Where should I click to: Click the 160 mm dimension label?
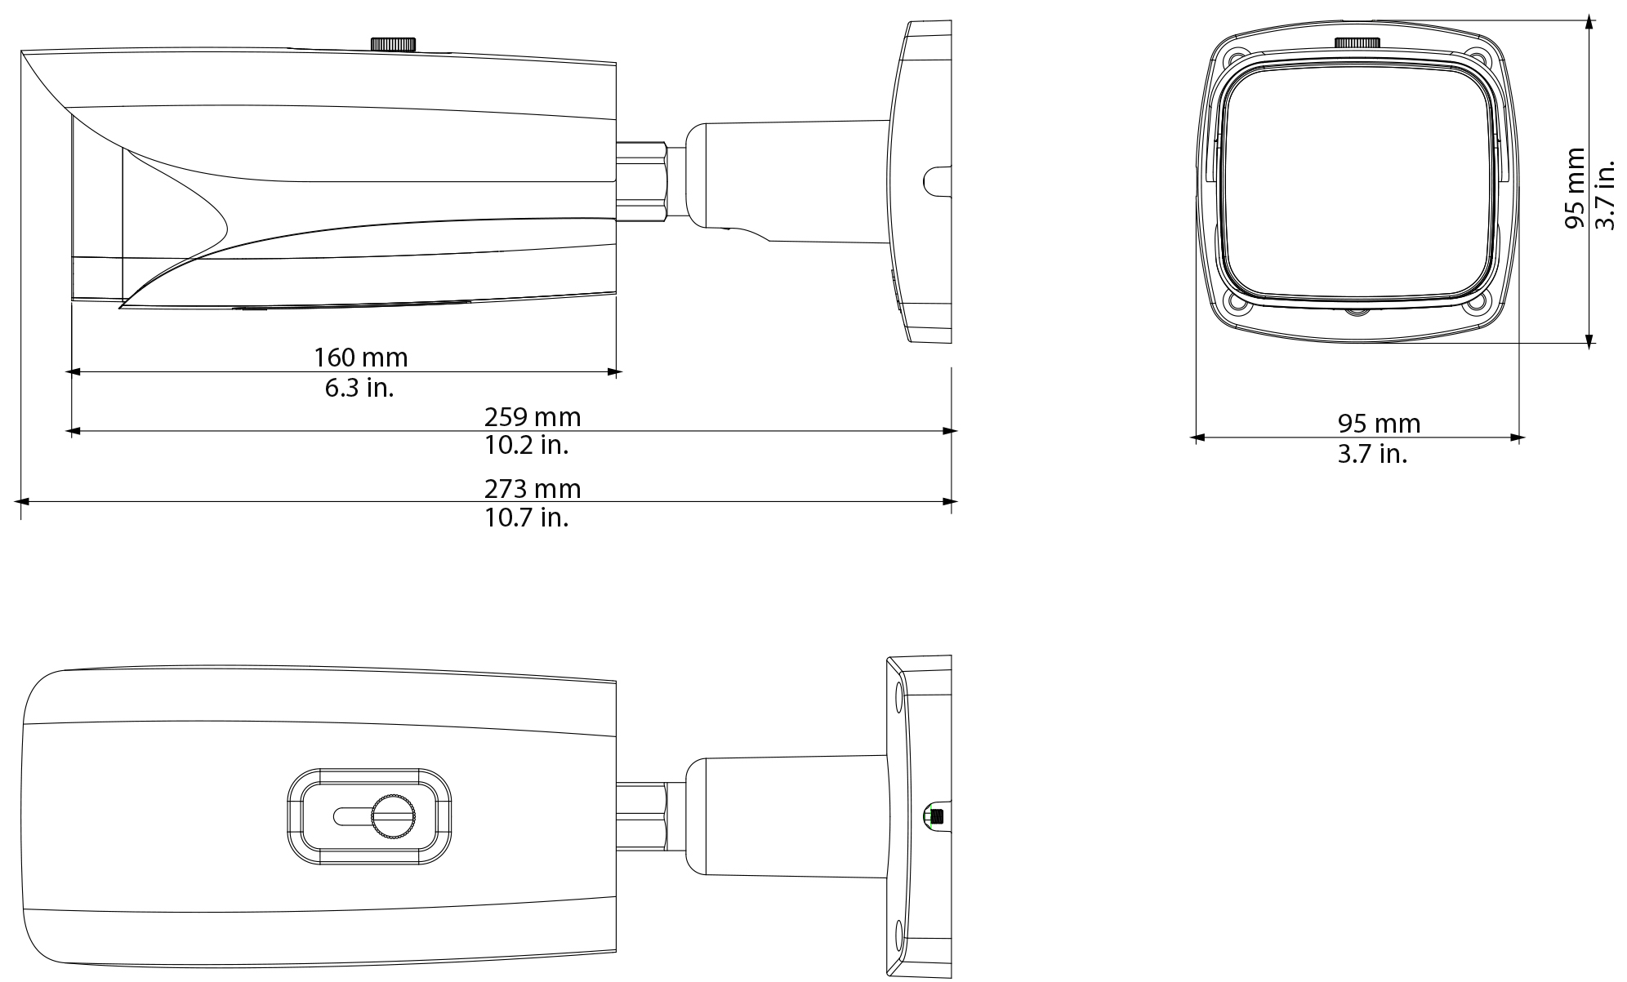click(x=360, y=358)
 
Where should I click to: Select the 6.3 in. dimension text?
click(x=359, y=388)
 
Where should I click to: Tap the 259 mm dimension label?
click(x=533, y=417)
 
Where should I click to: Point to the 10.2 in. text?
click(x=526, y=446)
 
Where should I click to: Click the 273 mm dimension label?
click(x=533, y=489)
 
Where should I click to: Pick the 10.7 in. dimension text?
click(x=526, y=518)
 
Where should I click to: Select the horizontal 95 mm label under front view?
click(x=1379, y=424)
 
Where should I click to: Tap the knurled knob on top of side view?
click(x=394, y=44)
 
